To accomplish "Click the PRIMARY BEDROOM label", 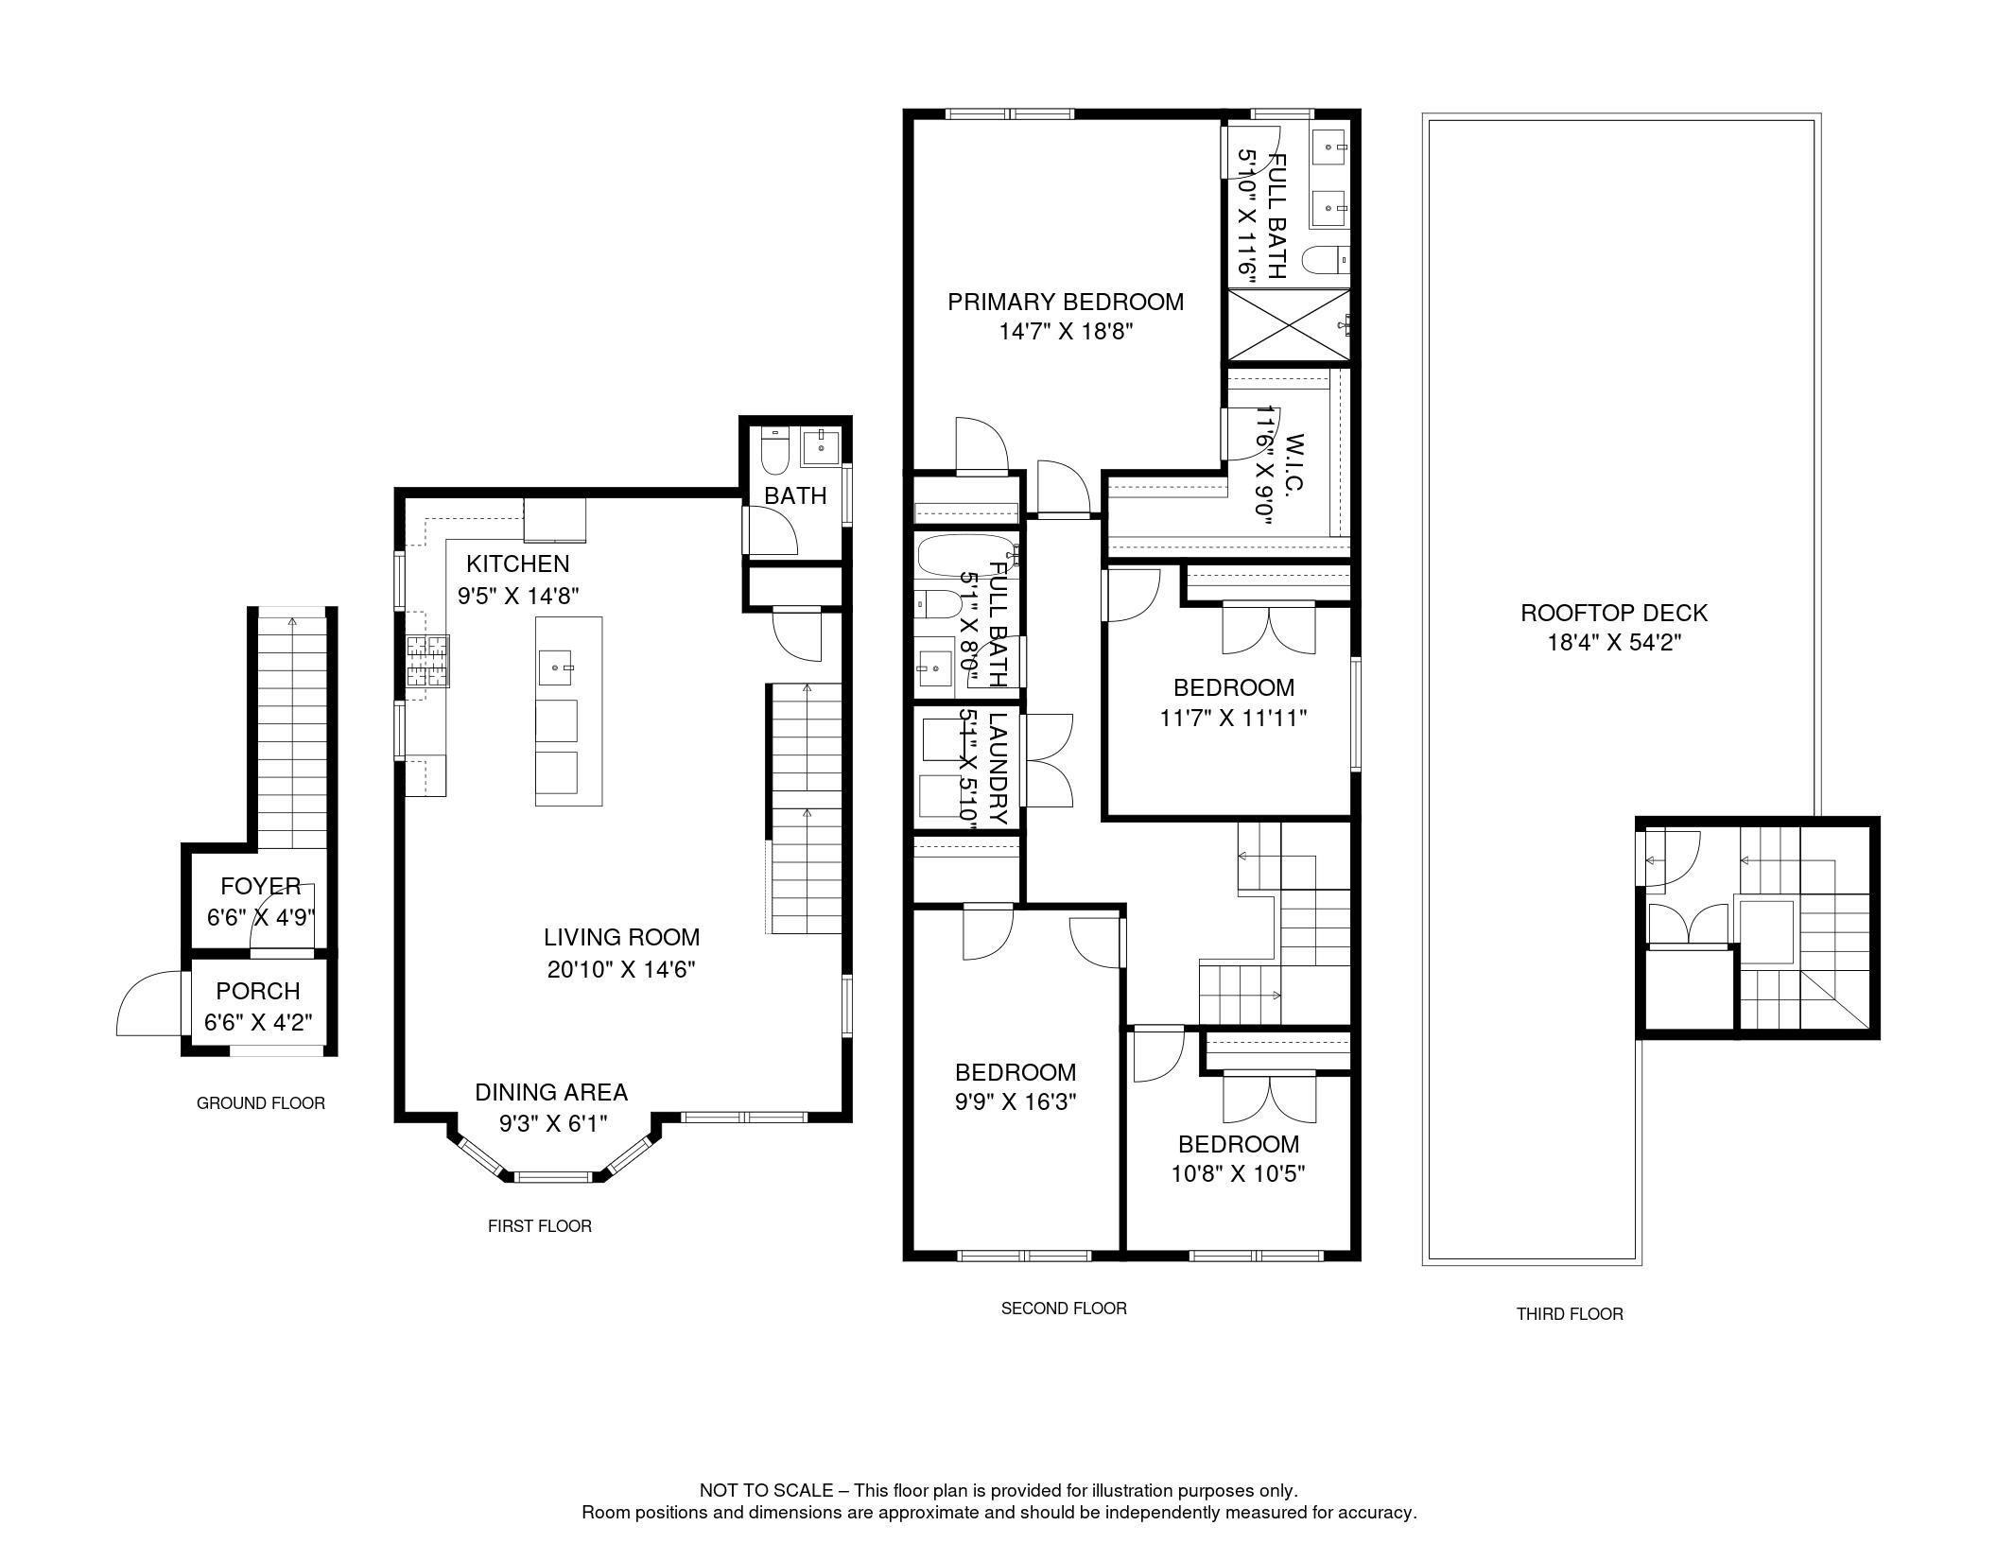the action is click(1066, 302).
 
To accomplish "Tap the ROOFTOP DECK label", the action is click(1614, 613).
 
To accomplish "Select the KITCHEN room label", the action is click(518, 563).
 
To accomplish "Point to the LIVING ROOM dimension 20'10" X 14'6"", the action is click(621, 969).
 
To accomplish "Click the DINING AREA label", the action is click(551, 1092).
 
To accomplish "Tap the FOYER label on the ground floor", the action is click(261, 886).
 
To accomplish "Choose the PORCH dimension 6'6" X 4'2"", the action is click(258, 1022).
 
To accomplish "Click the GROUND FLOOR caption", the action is click(261, 1103).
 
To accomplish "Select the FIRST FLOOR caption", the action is click(540, 1226).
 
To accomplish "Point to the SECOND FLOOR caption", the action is click(1064, 1309).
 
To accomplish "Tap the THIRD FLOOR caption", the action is click(1570, 1314).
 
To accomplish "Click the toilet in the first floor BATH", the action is click(774, 450).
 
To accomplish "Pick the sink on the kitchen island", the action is click(556, 667).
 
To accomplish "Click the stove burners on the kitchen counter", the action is click(427, 661).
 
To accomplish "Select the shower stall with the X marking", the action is click(1288, 325).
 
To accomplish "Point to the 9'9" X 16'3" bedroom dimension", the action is click(1016, 1101).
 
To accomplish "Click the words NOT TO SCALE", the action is click(766, 1491).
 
